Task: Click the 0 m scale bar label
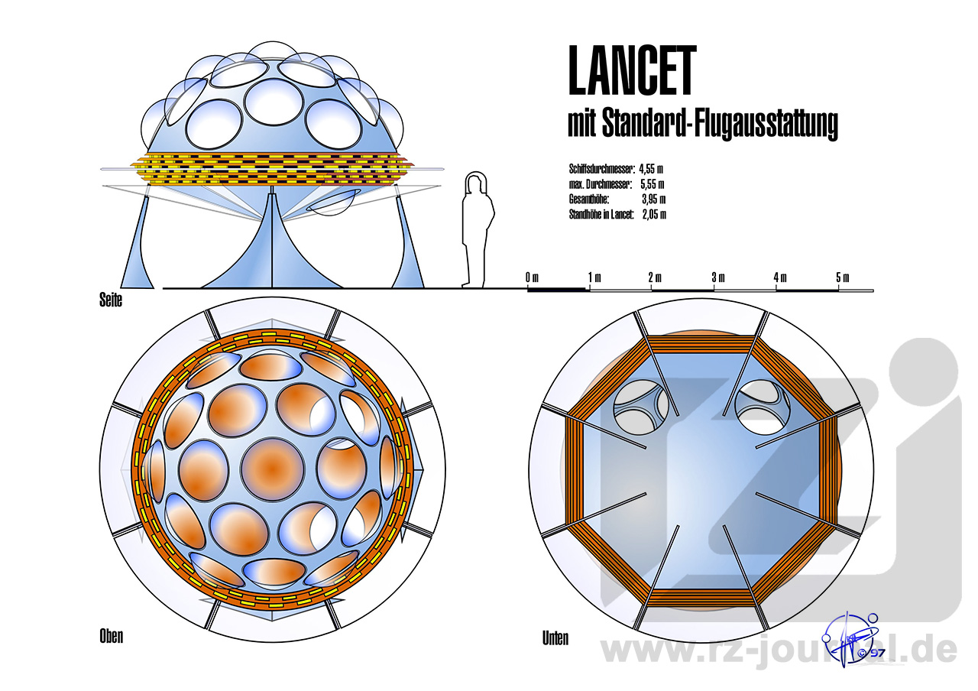pyautogui.click(x=533, y=277)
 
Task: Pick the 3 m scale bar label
pyautogui.click(x=718, y=277)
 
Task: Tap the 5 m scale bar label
pyautogui.click(x=842, y=277)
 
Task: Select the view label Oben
pyautogui.click(x=111, y=636)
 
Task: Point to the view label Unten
pyautogui.click(x=555, y=637)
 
